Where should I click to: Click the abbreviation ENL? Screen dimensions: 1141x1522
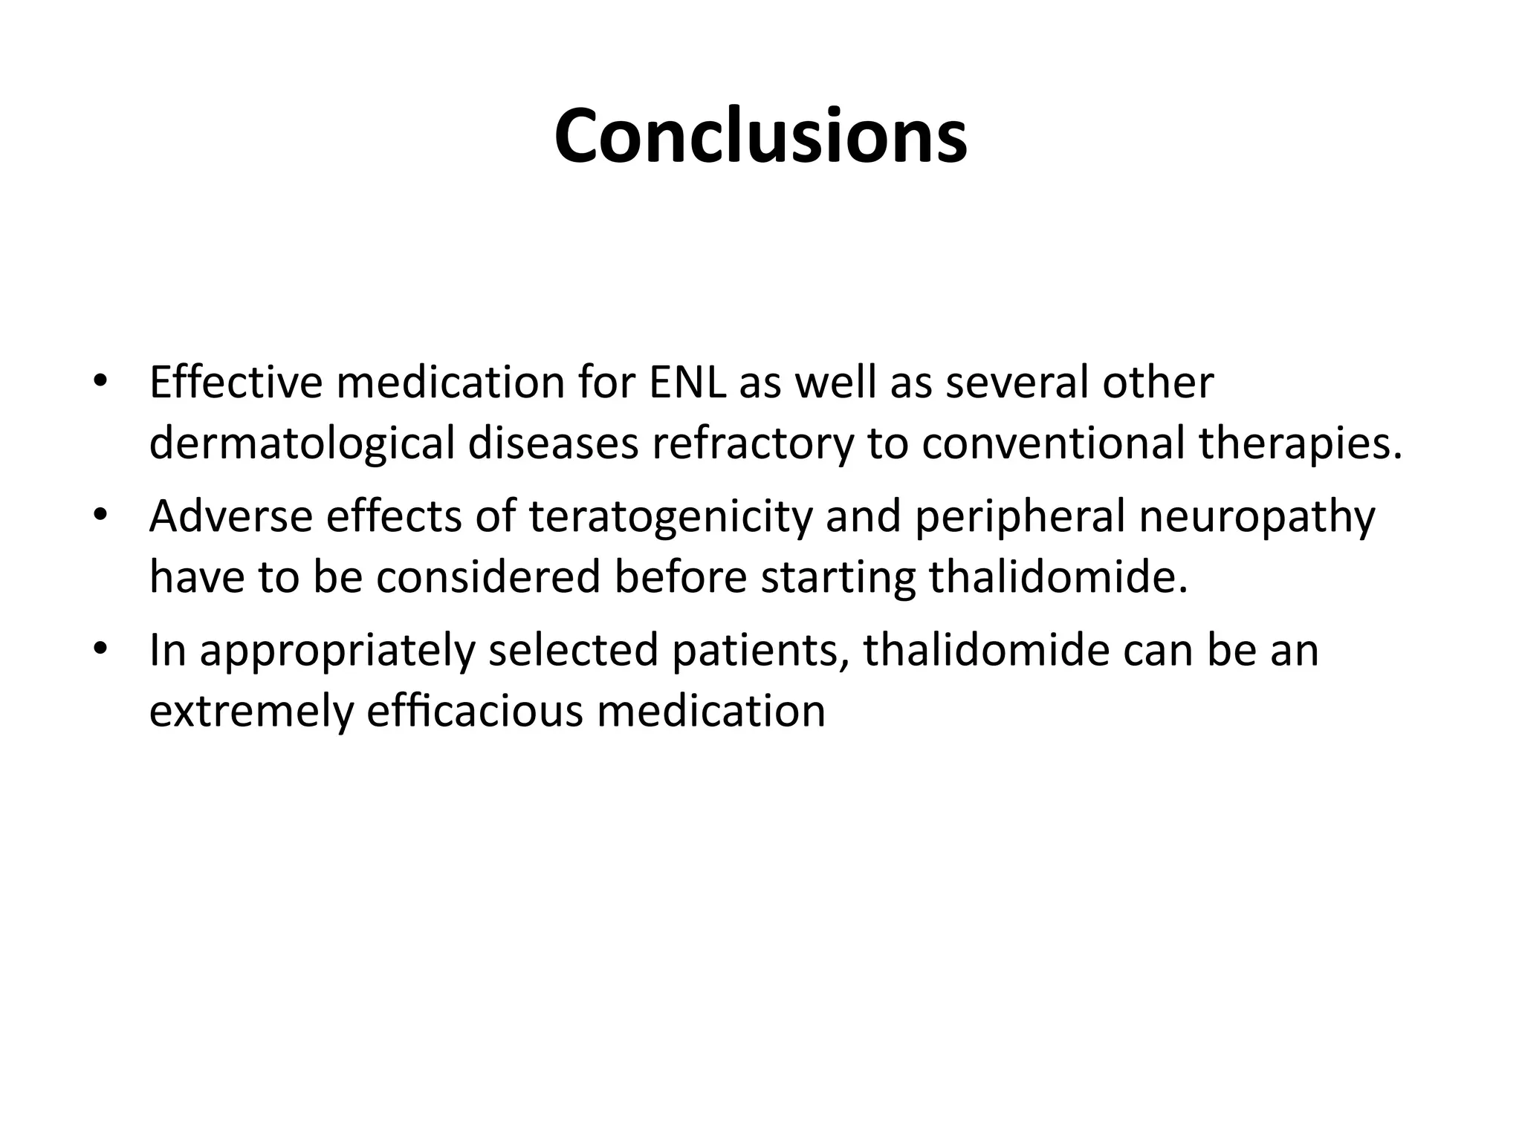[x=685, y=383]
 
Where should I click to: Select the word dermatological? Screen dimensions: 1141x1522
[x=301, y=443]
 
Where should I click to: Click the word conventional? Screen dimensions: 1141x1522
[x=1053, y=443]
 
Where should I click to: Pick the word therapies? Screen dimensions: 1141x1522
[x=1301, y=443]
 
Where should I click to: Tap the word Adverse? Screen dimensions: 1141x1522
[x=231, y=516]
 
